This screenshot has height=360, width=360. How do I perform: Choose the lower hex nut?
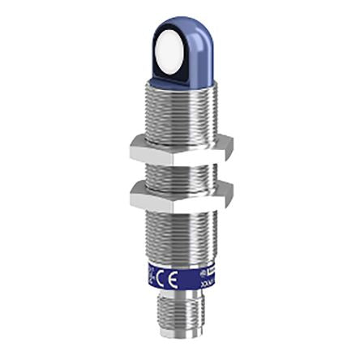[181, 195]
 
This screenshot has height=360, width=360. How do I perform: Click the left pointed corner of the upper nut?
[129, 147]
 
